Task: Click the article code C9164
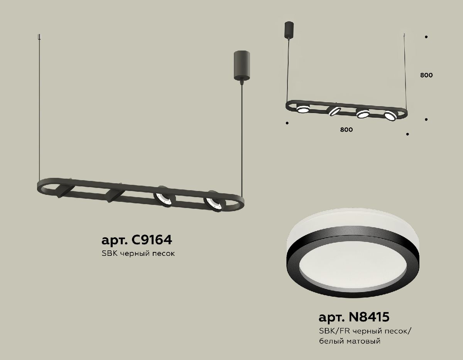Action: (x=136, y=240)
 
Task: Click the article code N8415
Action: (x=353, y=317)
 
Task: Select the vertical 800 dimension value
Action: (x=426, y=75)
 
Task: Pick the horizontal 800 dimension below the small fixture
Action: (x=346, y=130)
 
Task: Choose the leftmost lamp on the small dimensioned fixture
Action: (x=302, y=110)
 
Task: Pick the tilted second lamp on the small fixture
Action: (x=334, y=112)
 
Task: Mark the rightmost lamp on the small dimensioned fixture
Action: (x=390, y=115)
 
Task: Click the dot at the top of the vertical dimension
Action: (x=426, y=37)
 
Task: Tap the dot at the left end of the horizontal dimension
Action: (x=287, y=123)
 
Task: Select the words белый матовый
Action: (x=350, y=341)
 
